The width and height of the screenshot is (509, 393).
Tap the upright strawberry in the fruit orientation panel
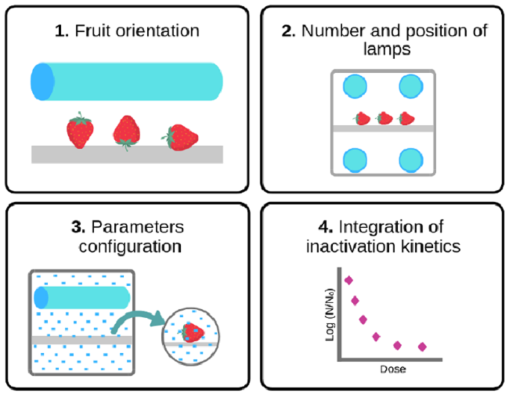(x=79, y=131)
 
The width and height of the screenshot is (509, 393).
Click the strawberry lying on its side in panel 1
(x=181, y=138)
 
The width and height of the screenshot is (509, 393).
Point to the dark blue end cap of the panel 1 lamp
(x=42, y=81)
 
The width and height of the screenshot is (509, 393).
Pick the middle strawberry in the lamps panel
(x=384, y=118)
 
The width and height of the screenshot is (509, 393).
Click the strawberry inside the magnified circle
(x=191, y=333)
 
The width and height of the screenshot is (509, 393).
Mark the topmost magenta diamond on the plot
(x=348, y=279)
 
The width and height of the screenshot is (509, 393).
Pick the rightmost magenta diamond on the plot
(x=423, y=346)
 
